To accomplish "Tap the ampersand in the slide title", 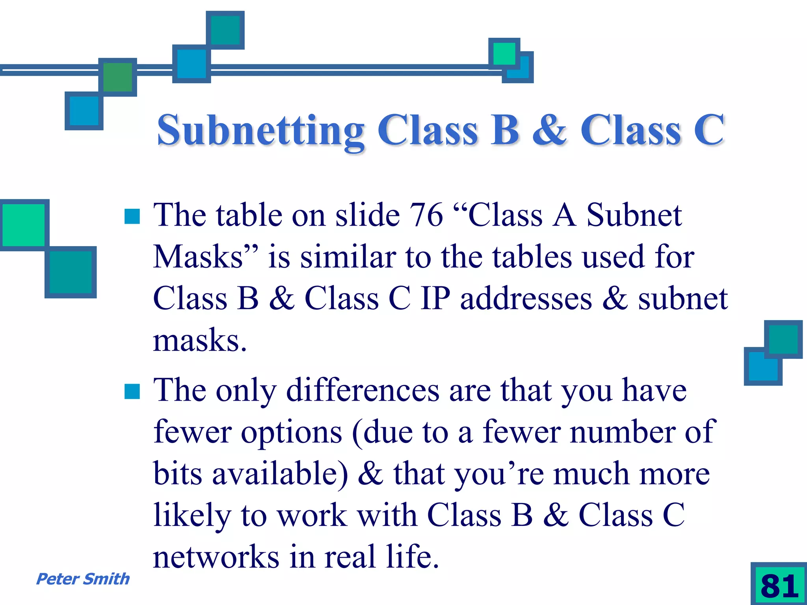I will click(x=549, y=130).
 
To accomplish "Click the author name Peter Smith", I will click(x=83, y=579).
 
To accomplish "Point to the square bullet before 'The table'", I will click(x=132, y=216).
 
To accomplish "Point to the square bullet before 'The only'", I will click(x=132, y=392).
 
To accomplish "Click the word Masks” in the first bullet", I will click(x=206, y=257).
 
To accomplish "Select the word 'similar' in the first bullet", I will click(x=348, y=257).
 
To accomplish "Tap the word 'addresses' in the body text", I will click(x=526, y=299).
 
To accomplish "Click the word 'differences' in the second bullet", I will click(x=363, y=390).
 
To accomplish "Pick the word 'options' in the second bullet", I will click(x=291, y=432).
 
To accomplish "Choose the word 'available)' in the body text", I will click(x=280, y=474).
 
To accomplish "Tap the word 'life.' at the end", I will click(x=412, y=557).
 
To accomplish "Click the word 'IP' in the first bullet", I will click(x=435, y=299).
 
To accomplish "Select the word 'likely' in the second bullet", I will click(x=192, y=516).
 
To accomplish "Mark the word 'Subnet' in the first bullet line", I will click(x=634, y=215).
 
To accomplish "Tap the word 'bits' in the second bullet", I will click(x=178, y=474).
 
